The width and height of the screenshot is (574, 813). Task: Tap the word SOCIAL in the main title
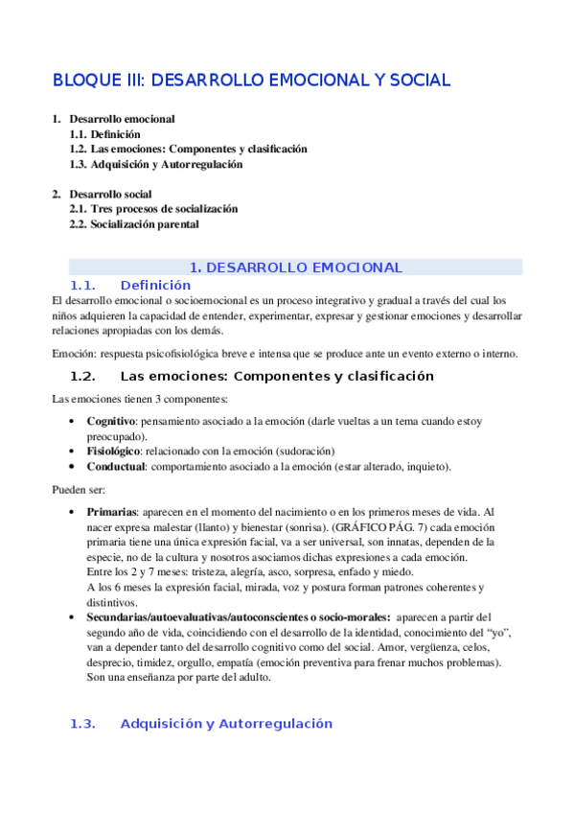coord(414,81)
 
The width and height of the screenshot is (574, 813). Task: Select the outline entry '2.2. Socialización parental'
coord(134,224)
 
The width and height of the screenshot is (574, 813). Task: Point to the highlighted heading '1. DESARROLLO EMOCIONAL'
coord(295,267)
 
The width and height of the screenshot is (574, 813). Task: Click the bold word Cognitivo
coord(112,421)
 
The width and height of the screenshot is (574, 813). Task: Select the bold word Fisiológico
coord(114,451)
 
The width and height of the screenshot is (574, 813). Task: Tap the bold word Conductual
coord(117,466)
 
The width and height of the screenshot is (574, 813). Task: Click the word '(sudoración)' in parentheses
coord(304,451)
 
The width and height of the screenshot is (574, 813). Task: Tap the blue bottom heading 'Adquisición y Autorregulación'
coord(226,724)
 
